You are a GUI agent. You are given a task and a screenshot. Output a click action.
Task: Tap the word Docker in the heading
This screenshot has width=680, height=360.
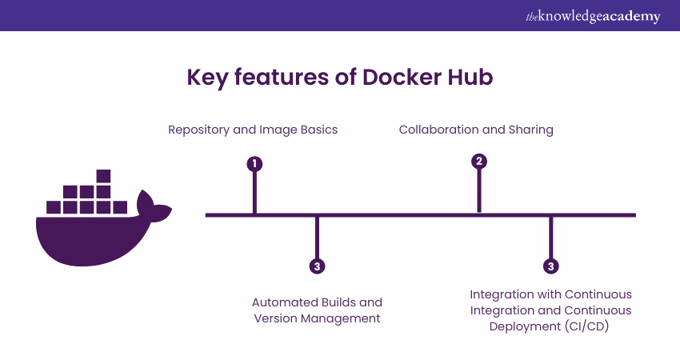coord(406,77)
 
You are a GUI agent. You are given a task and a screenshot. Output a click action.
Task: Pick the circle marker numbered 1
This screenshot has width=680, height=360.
coord(254,164)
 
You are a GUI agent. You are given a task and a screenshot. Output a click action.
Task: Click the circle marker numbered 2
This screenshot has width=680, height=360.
coord(479,161)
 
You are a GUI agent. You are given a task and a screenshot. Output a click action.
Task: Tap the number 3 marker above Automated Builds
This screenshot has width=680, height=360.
coord(318,266)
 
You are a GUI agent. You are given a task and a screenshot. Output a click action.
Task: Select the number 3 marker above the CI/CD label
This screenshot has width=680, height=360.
coord(550,266)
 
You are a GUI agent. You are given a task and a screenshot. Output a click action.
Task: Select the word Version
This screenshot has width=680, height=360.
coord(276,318)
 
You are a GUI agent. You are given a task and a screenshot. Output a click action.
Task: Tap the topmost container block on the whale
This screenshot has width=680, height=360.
coord(102,177)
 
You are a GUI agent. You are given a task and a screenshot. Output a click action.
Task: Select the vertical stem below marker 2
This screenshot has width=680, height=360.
coord(479,192)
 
